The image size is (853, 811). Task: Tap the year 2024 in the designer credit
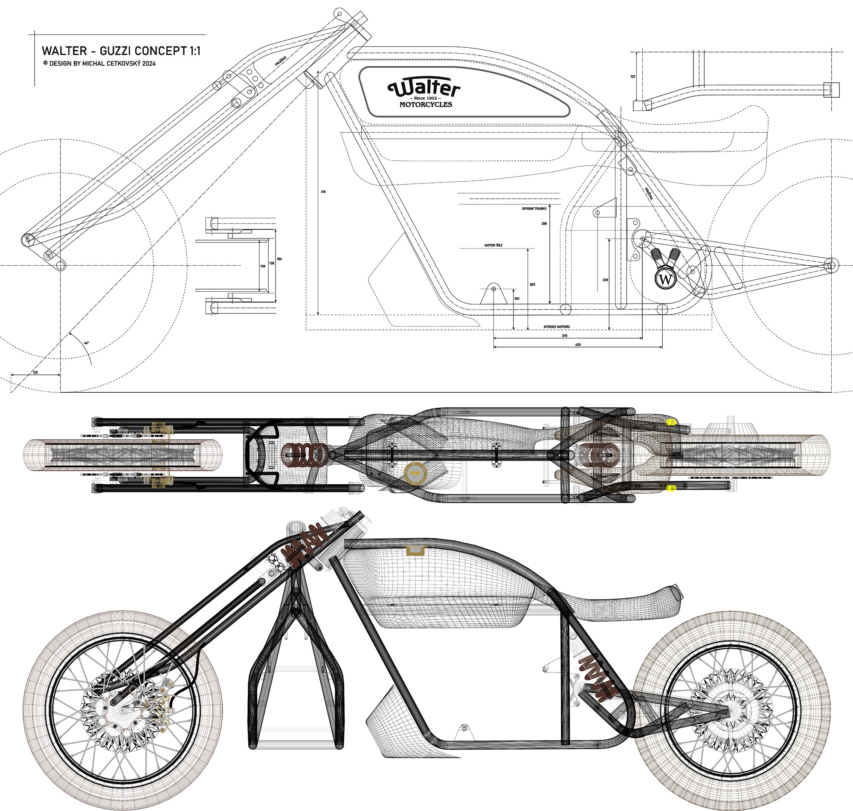click(x=149, y=64)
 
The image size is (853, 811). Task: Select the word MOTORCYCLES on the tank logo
click(x=425, y=104)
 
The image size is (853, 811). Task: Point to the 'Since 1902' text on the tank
click(x=425, y=98)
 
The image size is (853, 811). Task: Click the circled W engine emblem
click(x=665, y=279)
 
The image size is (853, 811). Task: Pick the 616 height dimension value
click(x=323, y=191)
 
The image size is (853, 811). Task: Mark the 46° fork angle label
click(x=87, y=343)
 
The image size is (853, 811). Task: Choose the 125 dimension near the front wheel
click(x=35, y=372)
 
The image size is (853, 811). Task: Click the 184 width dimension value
click(x=279, y=259)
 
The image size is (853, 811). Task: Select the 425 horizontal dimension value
click(x=577, y=345)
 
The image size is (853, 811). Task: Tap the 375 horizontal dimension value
click(x=564, y=336)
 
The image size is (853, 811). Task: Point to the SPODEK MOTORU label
click(x=557, y=326)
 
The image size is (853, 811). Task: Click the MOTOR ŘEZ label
click(x=493, y=245)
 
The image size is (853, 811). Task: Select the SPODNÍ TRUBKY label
click(x=534, y=209)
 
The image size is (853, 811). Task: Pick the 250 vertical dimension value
click(x=544, y=223)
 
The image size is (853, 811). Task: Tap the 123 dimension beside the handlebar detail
click(x=632, y=76)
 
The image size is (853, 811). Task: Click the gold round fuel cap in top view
click(x=415, y=473)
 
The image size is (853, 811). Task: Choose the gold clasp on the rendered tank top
click(x=415, y=550)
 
